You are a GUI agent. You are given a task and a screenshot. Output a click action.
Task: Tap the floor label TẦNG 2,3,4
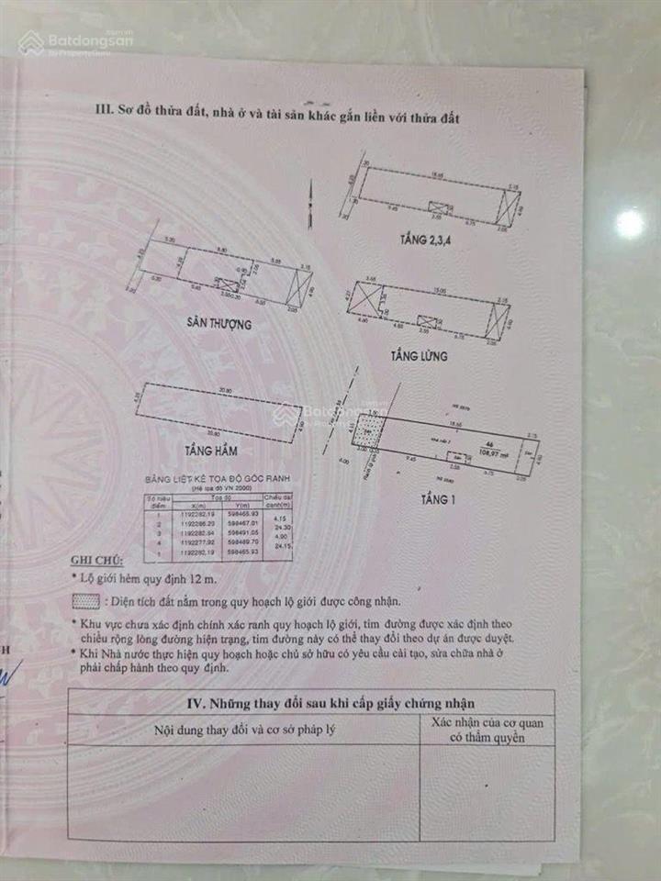point(425,240)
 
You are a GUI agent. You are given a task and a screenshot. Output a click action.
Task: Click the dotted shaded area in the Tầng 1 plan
point(368,430)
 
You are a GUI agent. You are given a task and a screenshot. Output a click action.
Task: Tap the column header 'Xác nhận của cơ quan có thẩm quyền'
point(487,730)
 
